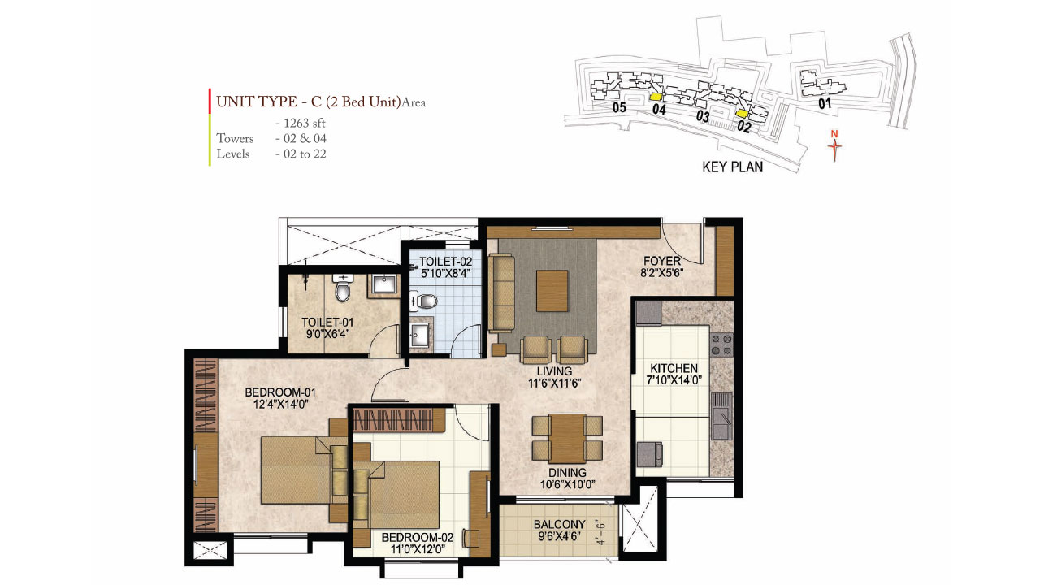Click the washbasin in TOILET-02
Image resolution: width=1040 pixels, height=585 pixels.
point(419,336)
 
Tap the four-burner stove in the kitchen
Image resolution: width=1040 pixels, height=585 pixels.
point(721,344)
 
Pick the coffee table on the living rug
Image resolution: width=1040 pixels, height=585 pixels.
point(552,288)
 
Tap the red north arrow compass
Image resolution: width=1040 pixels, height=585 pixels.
point(834,145)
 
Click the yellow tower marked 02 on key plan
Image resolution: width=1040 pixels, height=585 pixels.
point(742,115)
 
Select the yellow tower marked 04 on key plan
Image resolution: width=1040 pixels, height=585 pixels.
point(656,97)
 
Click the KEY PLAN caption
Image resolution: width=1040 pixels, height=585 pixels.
point(732,167)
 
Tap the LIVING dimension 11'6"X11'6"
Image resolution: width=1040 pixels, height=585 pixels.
point(555,383)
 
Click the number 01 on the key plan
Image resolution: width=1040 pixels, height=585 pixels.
point(825,103)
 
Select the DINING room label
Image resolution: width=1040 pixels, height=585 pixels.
point(567,473)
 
